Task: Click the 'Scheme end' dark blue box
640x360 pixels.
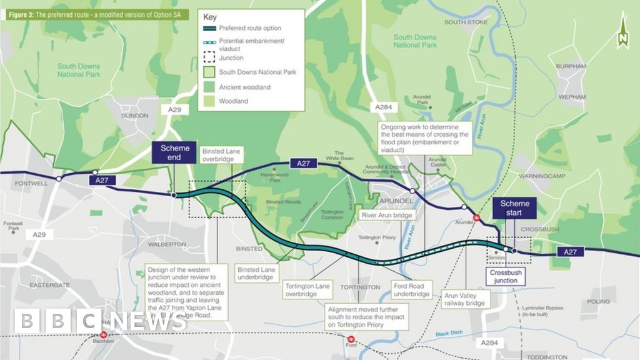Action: pos(170,153)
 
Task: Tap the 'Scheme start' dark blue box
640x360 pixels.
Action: pos(514,208)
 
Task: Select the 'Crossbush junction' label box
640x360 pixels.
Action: pos(506,277)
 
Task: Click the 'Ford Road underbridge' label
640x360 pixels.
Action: pos(412,290)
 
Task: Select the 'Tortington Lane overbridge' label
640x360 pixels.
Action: pos(307,290)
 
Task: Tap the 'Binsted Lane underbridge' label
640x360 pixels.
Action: pos(255,273)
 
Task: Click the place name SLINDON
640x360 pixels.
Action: pos(135,116)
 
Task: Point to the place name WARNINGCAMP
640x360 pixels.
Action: pos(541,176)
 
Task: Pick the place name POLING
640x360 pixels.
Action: pos(598,301)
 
